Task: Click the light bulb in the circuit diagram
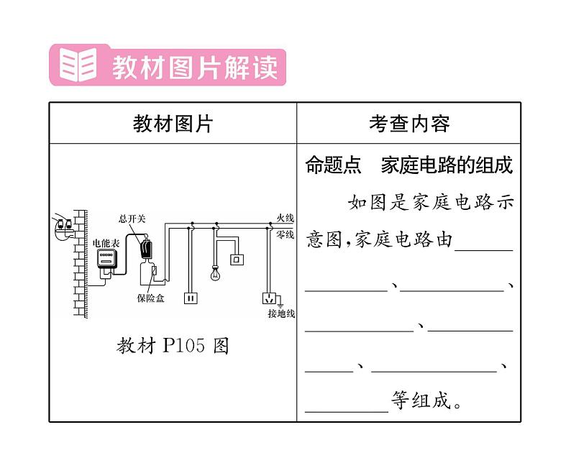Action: tap(214, 273)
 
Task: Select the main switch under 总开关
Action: tap(146, 248)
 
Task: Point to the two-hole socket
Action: tap(191, 297)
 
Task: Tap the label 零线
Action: tap(285, 234)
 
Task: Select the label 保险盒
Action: tap(150, 298)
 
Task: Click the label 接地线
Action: tap(281, 314)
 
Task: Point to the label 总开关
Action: tap(132, 219)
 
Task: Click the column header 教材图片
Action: tap(173, 124)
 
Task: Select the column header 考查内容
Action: tap(408, 124)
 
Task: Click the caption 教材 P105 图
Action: tap(173, 346)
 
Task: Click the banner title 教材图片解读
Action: tap(194, 68)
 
